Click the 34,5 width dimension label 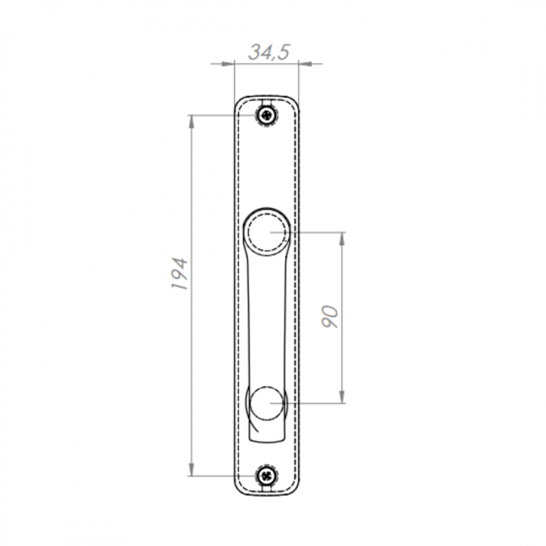pos(269,53)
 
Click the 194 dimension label pos(179,273)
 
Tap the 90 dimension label pos(330,317)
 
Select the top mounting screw pos(267,115)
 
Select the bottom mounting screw pos(267,475)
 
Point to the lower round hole pos(267,403)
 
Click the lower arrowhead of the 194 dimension pos(191,470)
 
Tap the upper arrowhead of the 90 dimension pos(342,238)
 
